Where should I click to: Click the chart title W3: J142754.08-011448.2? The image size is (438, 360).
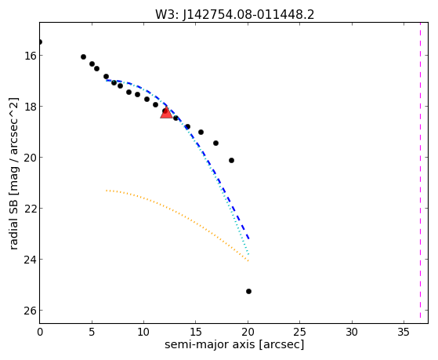click(x=234, y=15)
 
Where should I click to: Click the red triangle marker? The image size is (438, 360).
click(x=166, y=113)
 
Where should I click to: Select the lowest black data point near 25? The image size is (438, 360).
click(x=248, y=292)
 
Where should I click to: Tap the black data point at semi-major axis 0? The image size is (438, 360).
click(x=40, y=42)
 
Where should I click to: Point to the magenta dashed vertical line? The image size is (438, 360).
click(x=420, y=170)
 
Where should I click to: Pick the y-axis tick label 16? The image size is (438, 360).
click(x=31, y=56)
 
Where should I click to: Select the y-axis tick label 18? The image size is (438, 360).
click(x=31, y=107)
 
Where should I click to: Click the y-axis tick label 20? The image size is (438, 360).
click(x=31, y=158)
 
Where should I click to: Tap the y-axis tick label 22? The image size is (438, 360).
click(x=31, y=209)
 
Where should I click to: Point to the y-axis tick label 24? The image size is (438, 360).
click(x=31, y=260)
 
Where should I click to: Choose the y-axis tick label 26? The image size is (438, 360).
click(x=31, y=311)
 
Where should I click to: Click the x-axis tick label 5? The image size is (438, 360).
click(x=92, y=332)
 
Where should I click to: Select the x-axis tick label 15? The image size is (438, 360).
click(x=196, y=332)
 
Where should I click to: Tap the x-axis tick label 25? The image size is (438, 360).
click(x=300, y=332)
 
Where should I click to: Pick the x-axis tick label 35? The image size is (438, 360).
click(x=404, y=332)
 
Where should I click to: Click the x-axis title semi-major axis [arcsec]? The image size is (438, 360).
click(x=234, y=344)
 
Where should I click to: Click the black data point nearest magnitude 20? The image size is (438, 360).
click(x=231, y=160)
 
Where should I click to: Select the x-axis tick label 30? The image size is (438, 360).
click(x=352, y=332)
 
